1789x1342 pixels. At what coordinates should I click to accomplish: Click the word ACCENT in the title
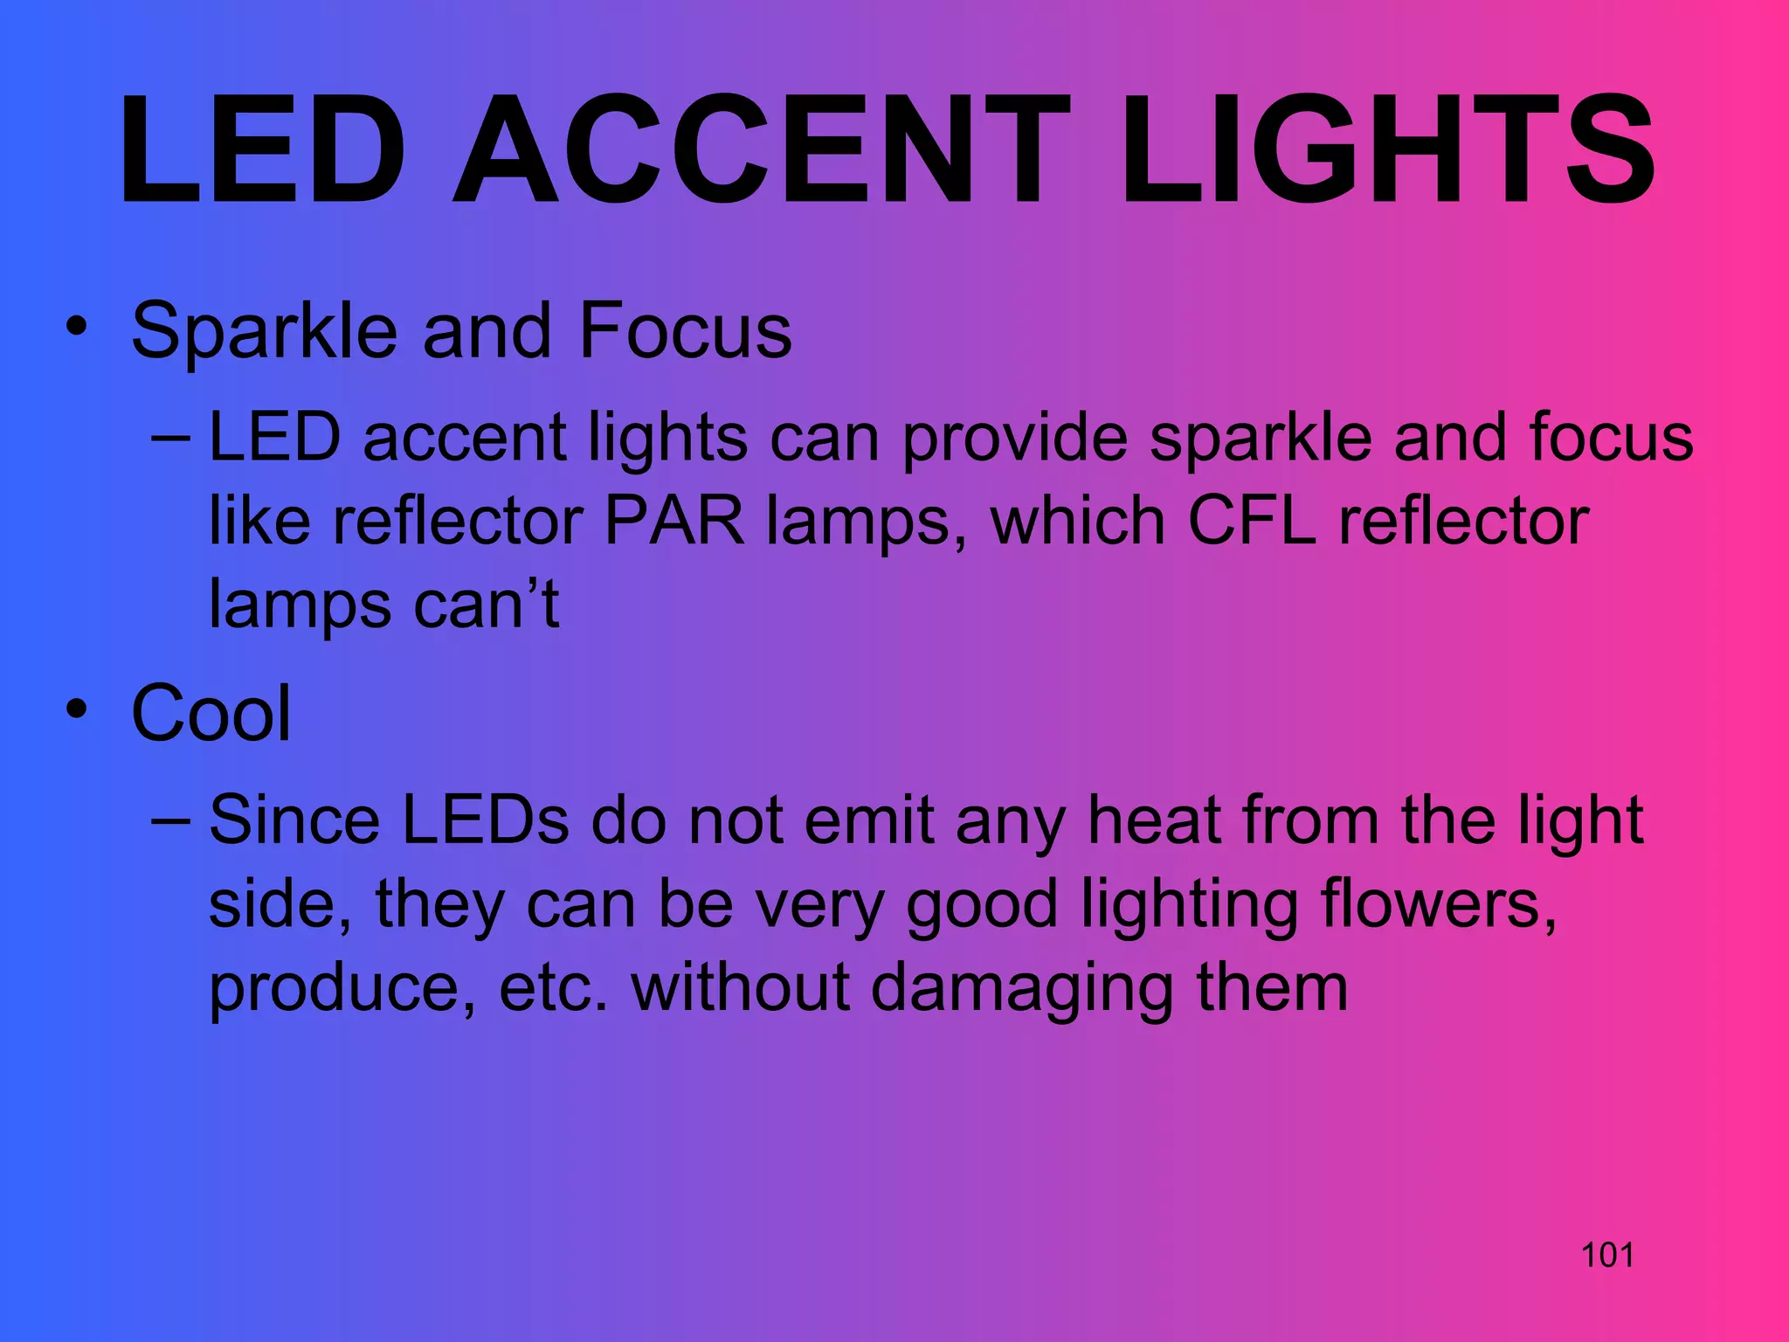(x=760, y=150)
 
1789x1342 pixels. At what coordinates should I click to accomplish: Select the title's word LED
(x=263, y=150)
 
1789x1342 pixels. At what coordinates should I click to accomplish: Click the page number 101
(x=1607, y=1255)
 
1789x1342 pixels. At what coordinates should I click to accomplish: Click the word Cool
(x=211, y=713)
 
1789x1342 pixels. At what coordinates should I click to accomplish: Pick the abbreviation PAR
(x=673, y=522)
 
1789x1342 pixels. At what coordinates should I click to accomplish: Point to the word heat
(x=1154, y=821)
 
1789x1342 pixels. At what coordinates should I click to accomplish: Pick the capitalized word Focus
(x=685, y=330)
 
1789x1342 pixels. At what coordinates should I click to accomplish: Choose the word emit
(x=869, y=821)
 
